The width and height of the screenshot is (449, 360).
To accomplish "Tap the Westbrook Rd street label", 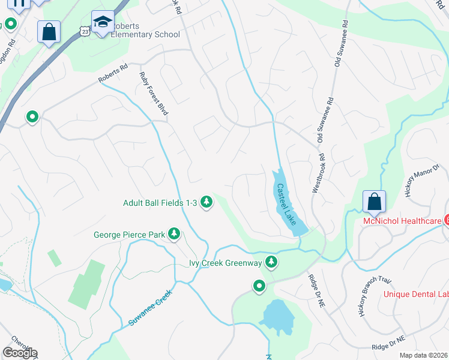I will point(318,173).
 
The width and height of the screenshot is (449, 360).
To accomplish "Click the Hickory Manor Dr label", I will point(419,182).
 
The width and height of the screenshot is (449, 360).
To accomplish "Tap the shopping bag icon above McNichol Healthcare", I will point(374,202).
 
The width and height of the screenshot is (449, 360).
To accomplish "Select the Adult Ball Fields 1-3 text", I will point(160,203).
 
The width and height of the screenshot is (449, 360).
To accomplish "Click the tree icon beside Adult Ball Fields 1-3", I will point(206,202).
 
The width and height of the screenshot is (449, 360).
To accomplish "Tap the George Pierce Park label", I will point(129,235).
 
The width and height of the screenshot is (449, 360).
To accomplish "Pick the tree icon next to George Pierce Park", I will point(174,233).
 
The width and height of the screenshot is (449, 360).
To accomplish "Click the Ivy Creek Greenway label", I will point(226,263).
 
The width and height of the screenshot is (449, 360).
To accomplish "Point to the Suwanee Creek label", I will point(150,308).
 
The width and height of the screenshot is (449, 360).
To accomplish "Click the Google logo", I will point(19,353).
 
